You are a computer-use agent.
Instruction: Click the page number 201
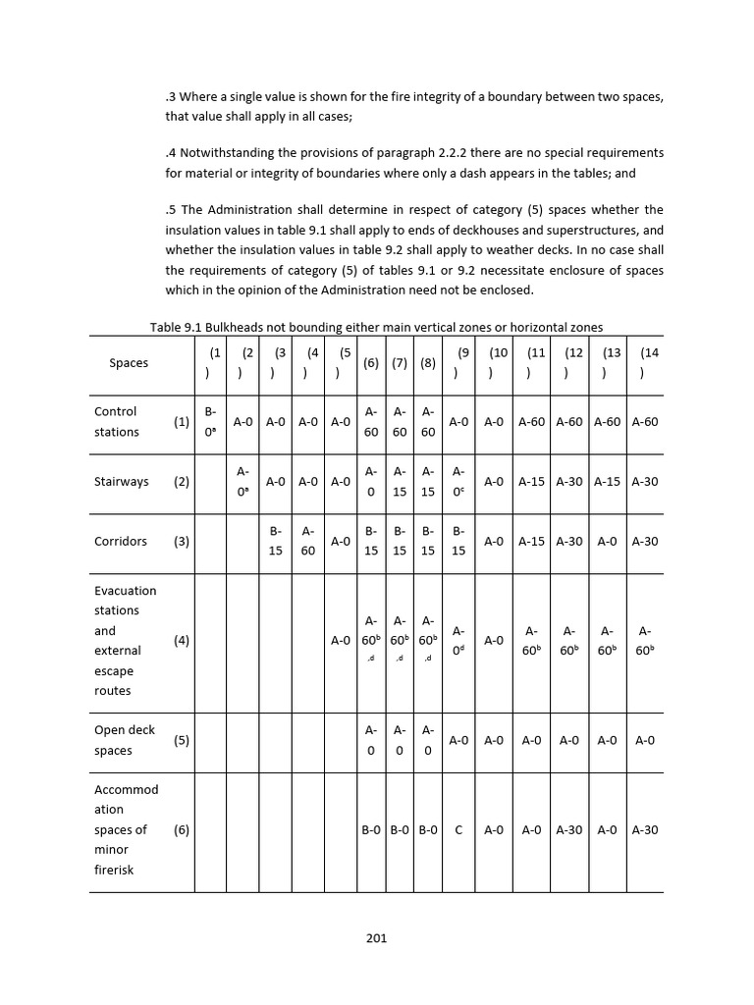coord(376,937)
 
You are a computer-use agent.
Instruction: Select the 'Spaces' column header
coord(129,363)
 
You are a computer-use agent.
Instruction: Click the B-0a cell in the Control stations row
coord(210,422)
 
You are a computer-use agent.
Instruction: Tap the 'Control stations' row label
coord(116,422)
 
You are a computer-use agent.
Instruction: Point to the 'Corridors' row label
coord(120,541)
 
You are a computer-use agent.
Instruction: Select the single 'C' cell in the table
coord(458,829)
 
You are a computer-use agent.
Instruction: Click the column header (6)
coord(371,363)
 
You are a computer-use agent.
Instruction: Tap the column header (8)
coord(427,363)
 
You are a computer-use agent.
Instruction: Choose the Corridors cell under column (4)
coord(307,541)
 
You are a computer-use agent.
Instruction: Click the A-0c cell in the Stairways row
coord(458,482)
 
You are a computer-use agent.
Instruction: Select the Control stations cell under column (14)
coord(645,422)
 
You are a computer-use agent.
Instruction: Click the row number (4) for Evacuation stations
coord(182,640)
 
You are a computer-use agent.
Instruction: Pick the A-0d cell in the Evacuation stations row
coord(458,640)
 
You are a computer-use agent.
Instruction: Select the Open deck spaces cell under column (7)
coord(400,740)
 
